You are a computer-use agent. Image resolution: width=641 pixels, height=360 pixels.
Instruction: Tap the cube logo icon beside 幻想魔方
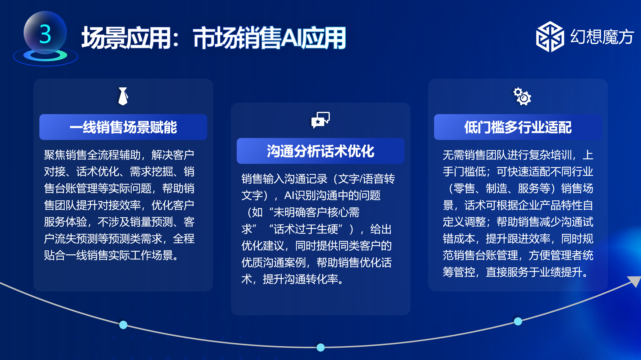pyautogui.click(x=550, y=37)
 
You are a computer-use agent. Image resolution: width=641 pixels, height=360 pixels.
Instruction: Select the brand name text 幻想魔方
pyautogui.click(x=602, y=37)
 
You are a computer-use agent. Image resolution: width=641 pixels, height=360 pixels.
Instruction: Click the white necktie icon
pyautogui.click(x=123, y=96)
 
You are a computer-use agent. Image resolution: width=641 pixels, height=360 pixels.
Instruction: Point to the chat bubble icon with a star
pyautogui.click(x=320, y=120)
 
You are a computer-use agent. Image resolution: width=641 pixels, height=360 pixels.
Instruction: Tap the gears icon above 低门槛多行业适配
pyautogui.click(x=522, y=96)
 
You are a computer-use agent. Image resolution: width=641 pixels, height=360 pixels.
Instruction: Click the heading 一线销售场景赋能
pyautogui.click(x=123, y=127)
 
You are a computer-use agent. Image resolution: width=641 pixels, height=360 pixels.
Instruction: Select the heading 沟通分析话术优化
pyautogui.click(x=320, y=151)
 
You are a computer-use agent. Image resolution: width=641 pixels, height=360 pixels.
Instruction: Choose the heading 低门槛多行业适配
pyautogui.click(x=518, y=127)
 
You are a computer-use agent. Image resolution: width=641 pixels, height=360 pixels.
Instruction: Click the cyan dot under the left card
pyautogui.click(x=123, y=325)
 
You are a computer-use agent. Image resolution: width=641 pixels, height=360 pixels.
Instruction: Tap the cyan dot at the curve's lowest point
pyautogui.click(x=320, y=347)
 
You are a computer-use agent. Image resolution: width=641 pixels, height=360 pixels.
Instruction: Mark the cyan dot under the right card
pyautogui.click(x=518, y=321)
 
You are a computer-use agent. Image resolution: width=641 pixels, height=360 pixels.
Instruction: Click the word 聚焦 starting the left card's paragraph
pyautogui.click(x=55, y=155)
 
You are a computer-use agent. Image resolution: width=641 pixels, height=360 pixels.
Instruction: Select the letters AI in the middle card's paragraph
pyautogui.click(x=290, y=195)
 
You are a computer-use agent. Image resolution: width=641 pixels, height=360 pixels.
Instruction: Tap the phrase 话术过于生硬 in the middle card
pyautogui.click(x=306, y=229)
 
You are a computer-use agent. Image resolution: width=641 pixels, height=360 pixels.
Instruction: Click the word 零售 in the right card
pyautogui.click(x=464, y=188)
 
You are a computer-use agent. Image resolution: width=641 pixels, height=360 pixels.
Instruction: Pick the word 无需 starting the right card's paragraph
pyautogui.click(x=453, y=155)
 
